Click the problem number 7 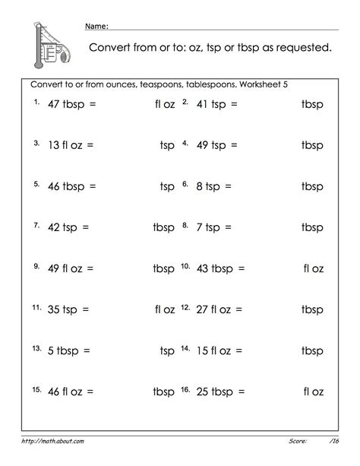[36, 225]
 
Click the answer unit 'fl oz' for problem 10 [313, 268]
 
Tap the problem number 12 [185, 307]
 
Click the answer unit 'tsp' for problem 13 [167, 350]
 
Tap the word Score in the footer [297, 440]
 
